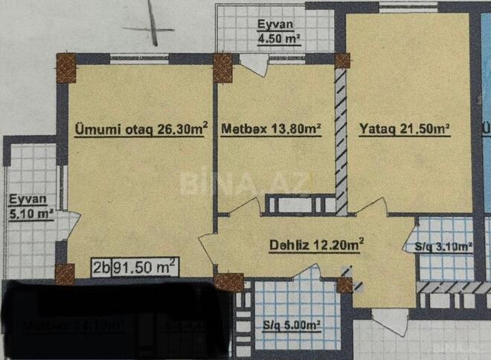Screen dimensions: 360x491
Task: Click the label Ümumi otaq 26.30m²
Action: tap(141, 129)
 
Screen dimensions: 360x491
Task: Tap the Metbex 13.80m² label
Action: tap(271, 129)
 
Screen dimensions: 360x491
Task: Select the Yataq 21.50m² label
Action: tap(405, 129)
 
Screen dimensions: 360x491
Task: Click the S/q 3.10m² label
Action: tap(440, 247)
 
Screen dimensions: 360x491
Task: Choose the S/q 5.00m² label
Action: tap(292, 325)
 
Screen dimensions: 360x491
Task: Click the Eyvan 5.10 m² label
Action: tap(30, 207)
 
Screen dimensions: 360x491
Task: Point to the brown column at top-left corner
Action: tap(66, 67)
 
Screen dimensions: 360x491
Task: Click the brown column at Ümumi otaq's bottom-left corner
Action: tap(65, 273)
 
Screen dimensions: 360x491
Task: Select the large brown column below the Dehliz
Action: tap(228, 282)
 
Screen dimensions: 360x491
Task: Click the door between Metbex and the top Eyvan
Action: tap(254, 64)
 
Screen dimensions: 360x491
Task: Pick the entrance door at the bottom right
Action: tap(389, 319)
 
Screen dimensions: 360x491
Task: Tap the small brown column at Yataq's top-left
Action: tap(342, 60)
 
